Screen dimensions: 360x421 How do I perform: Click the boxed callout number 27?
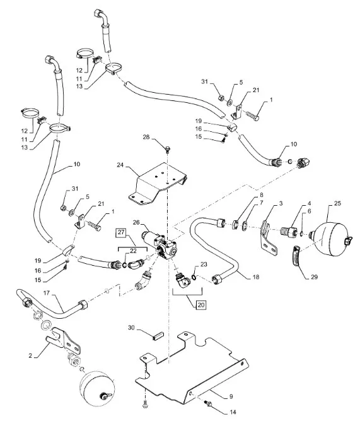tap(121, 232)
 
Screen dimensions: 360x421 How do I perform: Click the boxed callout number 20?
tap(201, 305)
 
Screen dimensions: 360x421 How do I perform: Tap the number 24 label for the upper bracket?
tap(120, 165)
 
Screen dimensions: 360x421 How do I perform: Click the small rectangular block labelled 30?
tap(158, 336)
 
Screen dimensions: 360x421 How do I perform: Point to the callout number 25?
tap(337, 203)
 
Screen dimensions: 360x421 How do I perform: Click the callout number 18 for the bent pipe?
tap(256, 276)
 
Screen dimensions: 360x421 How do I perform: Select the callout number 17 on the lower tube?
tap(47, 293)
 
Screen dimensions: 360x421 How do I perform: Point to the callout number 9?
tap(231, 396)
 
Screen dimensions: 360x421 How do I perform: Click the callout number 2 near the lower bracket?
tap(30, 355)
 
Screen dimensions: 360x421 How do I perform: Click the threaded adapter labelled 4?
tap(288, 232)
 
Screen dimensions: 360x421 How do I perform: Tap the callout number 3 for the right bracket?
tap(281, 203)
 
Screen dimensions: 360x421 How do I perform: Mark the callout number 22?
tap(133, 251)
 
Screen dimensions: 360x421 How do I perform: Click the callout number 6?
tap(309, 211)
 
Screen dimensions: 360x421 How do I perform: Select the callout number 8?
tap(261, 194)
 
